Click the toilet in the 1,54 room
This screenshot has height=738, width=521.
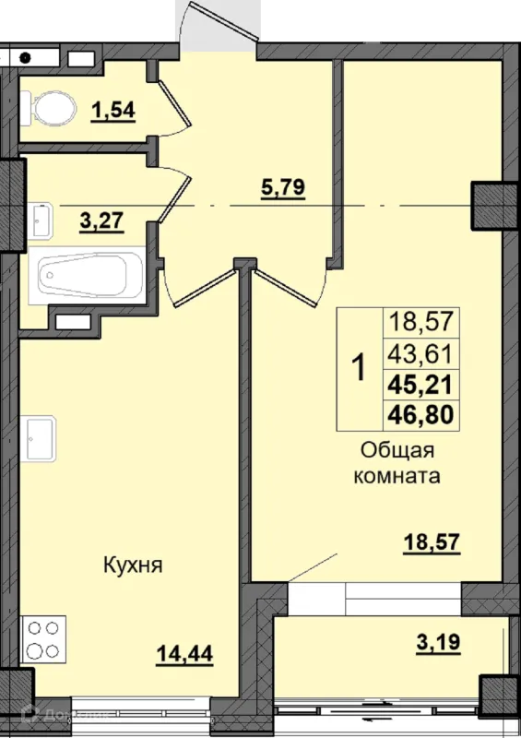(53, 110)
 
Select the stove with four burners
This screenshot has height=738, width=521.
(45, 637)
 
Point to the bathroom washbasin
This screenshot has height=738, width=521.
(42, 219)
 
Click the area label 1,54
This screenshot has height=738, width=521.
(112, 111)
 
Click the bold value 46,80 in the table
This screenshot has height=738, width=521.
(420, 414)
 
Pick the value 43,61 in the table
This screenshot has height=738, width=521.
(420, 353)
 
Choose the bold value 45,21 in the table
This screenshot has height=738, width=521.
(420, 384)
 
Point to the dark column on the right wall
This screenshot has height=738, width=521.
(494, 205)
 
